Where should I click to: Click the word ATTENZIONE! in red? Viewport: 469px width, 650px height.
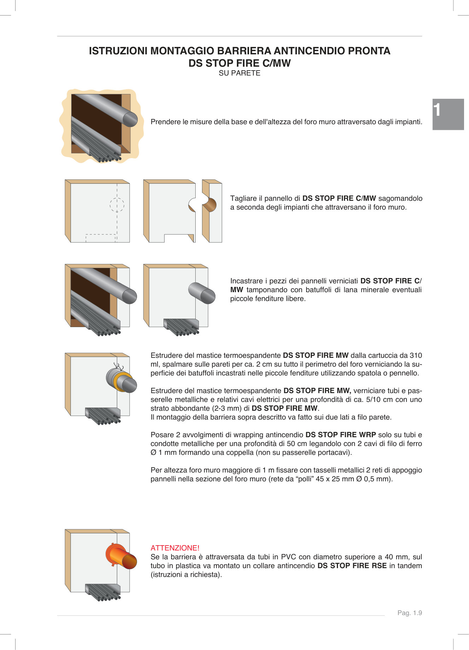tap(175, 548)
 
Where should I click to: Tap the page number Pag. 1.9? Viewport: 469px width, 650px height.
tap(409, 613)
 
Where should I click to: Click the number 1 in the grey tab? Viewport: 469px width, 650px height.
tap(437, 110)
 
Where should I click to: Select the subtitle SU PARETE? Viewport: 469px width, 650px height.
tap(239, 73)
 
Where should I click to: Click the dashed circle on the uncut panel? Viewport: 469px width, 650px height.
tap(117, 204)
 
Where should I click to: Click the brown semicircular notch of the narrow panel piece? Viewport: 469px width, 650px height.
tap(210, 205)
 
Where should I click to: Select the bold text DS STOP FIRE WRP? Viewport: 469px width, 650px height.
tap(340, 435)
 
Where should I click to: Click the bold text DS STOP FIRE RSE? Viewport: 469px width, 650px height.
tap(352, 566)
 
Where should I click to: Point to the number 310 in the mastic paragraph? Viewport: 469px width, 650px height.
tap(416, 355)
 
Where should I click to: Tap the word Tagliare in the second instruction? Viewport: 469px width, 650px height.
tap(243, 198)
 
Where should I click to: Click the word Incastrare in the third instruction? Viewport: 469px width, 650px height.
tap(247, 281)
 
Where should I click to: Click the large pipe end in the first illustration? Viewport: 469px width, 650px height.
tap(130, 119)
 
